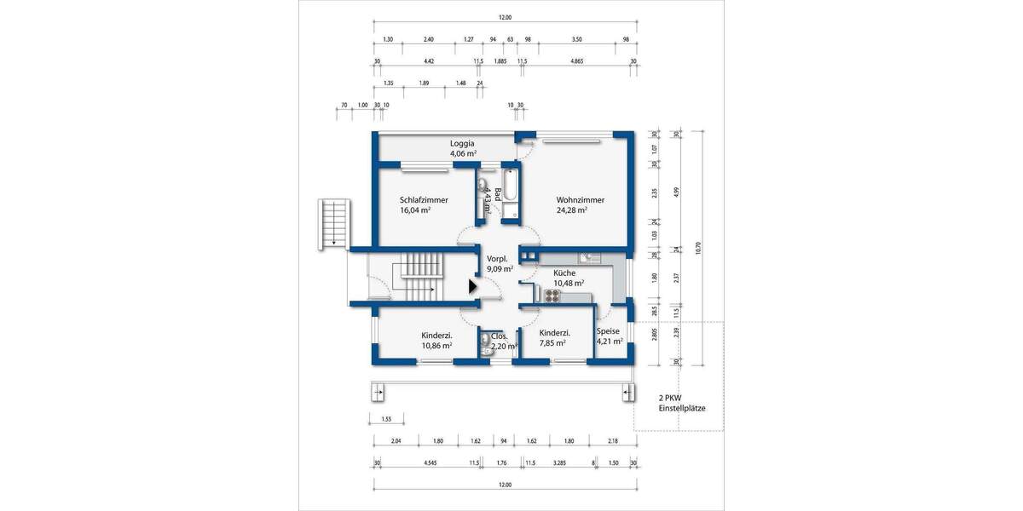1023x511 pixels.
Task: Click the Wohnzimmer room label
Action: coord(580,200)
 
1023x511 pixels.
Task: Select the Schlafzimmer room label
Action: coord(424,200)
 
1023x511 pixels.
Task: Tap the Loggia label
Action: coord(462,144)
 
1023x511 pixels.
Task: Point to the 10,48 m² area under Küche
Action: coord(568,284)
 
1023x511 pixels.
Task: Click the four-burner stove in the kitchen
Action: coord(552,296)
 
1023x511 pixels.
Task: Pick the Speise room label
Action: coord(608,331)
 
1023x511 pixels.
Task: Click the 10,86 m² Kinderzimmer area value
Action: coord(436,347)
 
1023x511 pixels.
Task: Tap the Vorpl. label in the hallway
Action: coord(497,259)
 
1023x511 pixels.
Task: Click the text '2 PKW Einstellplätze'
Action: coord(681,403)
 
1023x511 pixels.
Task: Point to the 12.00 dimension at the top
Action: coord(505,17)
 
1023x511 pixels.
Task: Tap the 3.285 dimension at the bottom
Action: coord(559,463)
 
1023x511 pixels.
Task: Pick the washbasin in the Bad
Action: coord(482,186)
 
